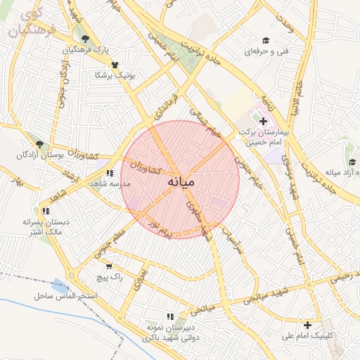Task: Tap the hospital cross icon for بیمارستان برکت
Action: (263, 122)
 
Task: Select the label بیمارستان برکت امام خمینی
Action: (264, 136)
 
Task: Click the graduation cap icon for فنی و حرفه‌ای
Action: (266, 40)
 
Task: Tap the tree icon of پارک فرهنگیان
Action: (85, 39)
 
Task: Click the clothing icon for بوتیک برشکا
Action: (115, 64)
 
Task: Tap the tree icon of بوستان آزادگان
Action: (39, 143)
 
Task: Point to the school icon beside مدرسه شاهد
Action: (108, 172)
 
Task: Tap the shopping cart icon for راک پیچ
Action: (108, 266)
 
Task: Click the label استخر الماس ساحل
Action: (65, 296)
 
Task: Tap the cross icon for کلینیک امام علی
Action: (307, 325)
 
